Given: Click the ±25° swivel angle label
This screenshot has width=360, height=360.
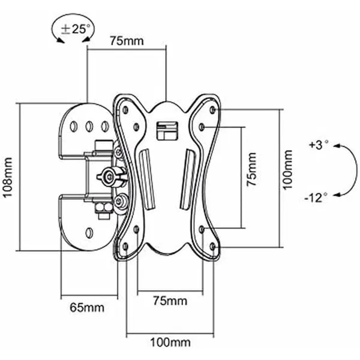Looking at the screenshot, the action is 76,29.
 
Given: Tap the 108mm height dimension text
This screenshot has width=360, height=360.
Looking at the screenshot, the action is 7,177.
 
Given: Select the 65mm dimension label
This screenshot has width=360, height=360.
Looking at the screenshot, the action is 87,308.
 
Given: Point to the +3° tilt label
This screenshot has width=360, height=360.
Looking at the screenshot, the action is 319,145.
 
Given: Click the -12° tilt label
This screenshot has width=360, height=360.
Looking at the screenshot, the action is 316,197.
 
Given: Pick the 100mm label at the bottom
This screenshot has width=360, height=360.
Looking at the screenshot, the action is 170,343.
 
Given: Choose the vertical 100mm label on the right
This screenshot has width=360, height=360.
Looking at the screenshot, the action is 287,170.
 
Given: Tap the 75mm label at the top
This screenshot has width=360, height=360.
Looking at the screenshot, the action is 127,41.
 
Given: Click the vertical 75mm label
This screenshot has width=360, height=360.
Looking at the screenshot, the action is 251,169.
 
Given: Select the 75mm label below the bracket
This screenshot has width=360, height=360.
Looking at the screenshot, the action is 170,301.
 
